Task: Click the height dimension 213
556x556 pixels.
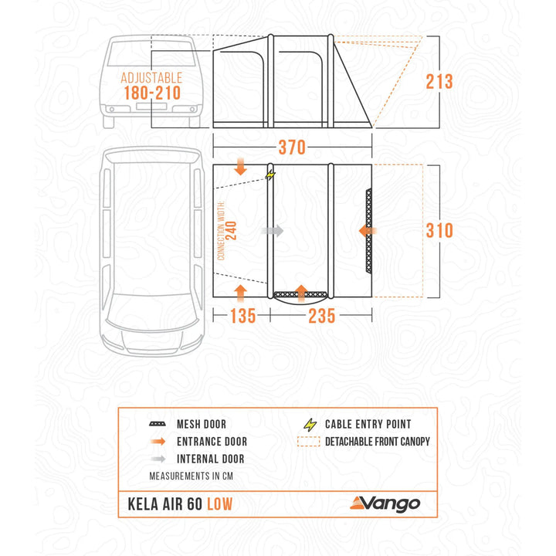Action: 439,81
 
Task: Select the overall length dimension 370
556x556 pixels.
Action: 292,147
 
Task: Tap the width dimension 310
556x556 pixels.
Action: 439,230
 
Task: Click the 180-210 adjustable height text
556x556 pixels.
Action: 151,93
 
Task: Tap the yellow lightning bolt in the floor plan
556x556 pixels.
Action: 269,175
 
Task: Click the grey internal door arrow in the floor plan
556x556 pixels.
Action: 273,230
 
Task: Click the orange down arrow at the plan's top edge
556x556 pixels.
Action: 240,167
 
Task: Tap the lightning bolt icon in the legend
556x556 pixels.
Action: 311,424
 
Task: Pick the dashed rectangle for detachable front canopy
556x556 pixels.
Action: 311,442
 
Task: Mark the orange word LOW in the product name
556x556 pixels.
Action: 217,504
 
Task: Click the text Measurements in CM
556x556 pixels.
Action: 192,475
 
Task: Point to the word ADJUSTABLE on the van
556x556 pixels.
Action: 151,78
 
